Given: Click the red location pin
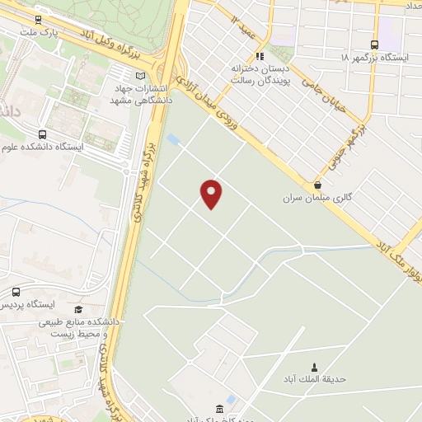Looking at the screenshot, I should pos(212,193).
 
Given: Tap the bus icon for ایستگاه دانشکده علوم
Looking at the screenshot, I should pos(42,134).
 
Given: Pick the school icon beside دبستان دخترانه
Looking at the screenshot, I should pos(260,57).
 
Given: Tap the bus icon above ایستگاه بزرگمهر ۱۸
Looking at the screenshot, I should pos(375,45).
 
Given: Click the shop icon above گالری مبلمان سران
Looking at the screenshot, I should pos(317,185).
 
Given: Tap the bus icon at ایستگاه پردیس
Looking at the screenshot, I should pos(16,292).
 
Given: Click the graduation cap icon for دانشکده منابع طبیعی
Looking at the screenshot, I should pos(78,309).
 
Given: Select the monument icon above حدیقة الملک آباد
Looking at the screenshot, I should pos(313,367).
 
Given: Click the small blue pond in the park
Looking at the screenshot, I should pos(173,139).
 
